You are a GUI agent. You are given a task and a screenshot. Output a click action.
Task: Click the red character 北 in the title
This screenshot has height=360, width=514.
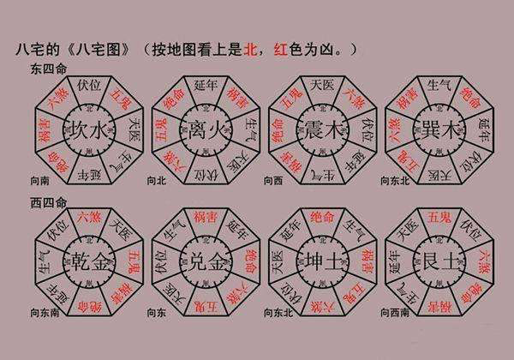[252, 51]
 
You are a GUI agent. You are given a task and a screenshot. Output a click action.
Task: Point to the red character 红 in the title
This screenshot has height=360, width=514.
[276, 51]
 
